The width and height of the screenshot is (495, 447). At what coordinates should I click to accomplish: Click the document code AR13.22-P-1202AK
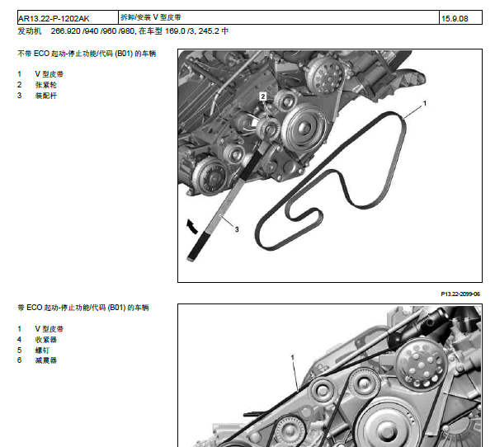[54, 19]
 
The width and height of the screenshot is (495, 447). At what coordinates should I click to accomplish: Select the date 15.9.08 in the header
[455, 19]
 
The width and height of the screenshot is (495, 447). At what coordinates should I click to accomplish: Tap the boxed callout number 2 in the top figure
[262, 96]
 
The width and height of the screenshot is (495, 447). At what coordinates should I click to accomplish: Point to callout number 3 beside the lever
[237, 229]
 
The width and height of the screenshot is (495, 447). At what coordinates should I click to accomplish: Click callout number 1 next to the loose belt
[425, 103]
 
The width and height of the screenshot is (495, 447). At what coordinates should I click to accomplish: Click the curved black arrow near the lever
[191, 226]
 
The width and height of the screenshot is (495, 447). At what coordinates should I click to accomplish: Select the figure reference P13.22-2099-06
[460, 294]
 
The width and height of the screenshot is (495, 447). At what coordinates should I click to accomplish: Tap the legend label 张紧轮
[45, 85]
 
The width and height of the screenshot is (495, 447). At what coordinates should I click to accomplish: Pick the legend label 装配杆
[45, 96]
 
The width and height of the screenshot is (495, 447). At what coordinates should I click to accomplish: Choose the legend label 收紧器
[45, 340]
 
